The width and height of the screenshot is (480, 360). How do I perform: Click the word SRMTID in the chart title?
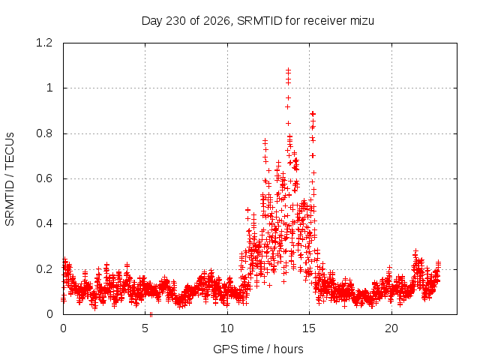pos(259,21)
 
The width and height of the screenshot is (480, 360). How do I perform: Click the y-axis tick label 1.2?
pos(44,43)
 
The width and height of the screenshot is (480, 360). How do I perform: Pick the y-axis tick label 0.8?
pos(44,133)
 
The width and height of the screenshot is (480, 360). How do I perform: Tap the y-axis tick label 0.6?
pos(44,178)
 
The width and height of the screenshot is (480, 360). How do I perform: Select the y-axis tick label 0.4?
pos(44,223)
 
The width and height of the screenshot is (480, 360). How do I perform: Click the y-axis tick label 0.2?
pos(44,269)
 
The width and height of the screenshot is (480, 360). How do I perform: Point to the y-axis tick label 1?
pos(49,88)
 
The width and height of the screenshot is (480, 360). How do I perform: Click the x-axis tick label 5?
pos(145,328)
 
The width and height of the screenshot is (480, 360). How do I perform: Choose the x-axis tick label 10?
pos(227,328)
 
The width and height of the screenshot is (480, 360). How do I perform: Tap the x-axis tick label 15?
pos(309,328)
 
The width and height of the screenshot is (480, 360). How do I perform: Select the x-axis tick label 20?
pos(391,328)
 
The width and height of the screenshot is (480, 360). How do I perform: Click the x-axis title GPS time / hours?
pos(258,349)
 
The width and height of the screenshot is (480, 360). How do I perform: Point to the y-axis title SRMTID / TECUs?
pos(10,179)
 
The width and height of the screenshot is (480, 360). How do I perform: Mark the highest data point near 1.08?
pos(288,70)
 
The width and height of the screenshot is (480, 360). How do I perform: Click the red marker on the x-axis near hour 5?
pos(151,314)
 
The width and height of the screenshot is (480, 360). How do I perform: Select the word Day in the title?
pos(152,22)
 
